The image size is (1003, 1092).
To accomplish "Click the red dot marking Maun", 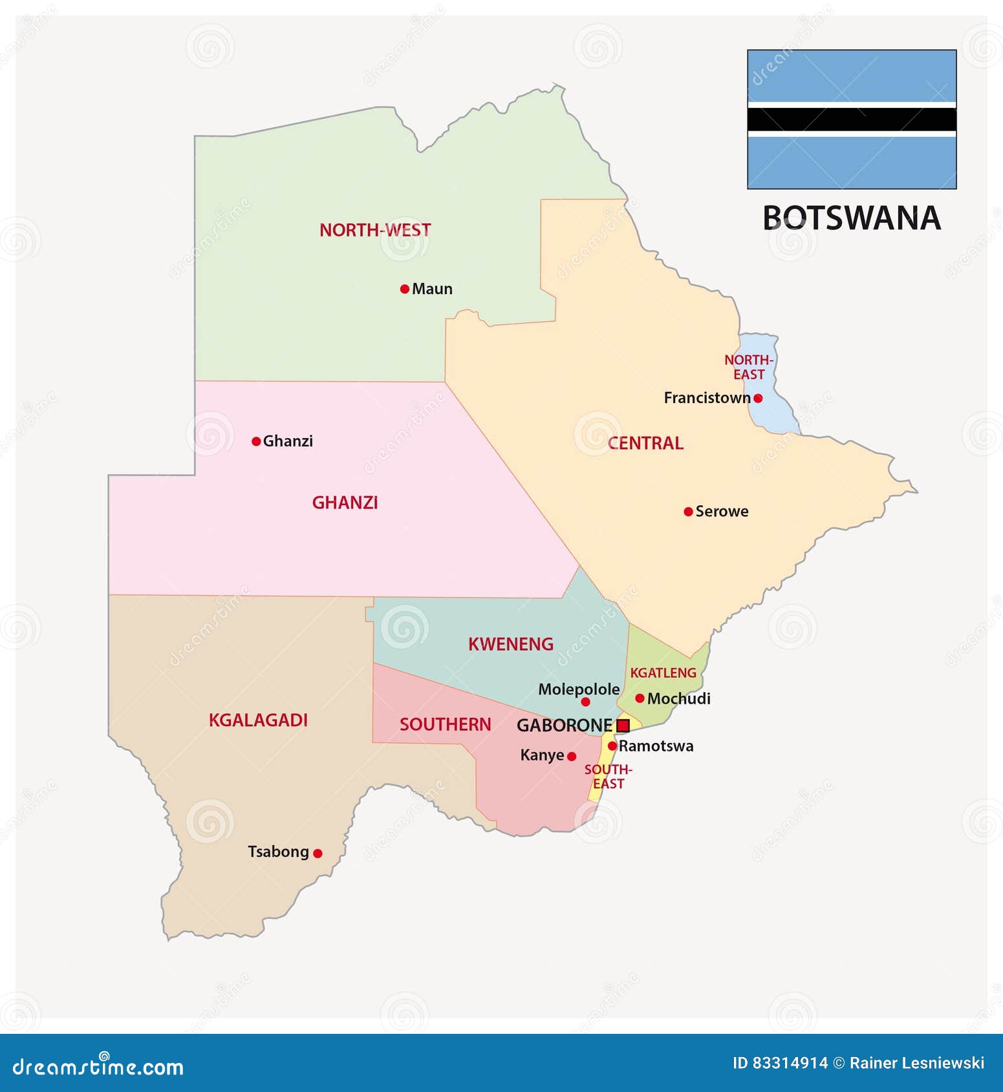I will [405, 289].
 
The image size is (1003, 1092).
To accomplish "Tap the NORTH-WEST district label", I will [375, 230].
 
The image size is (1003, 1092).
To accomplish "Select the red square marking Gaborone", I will [623, 726].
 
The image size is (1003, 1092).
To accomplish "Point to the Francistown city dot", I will [758, 398].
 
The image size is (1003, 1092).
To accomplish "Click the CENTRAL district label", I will [645, 443].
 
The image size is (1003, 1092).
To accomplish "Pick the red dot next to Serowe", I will [688, 512].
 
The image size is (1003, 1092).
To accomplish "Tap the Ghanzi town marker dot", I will [256, 441].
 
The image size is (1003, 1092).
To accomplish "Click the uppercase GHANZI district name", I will [345, 503].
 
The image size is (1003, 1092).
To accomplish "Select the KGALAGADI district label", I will [258, 720].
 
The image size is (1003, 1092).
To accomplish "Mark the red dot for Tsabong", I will [318, 853].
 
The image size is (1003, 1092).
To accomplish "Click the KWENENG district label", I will [511, 644].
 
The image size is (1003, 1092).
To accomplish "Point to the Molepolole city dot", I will [585, 702].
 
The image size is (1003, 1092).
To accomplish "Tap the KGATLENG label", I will [663, 673].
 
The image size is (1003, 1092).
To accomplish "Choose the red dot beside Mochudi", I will [640, 698].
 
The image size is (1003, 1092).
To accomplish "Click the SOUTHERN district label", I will [446, 725].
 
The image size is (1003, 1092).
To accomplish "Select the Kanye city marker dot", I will [572, 756].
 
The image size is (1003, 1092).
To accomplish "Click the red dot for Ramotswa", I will [612, 746].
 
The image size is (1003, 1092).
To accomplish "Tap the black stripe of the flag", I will [852, 120].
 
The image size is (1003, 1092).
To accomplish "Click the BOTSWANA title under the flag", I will [852, 218].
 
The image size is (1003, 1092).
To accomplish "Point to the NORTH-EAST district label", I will [749, 367].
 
